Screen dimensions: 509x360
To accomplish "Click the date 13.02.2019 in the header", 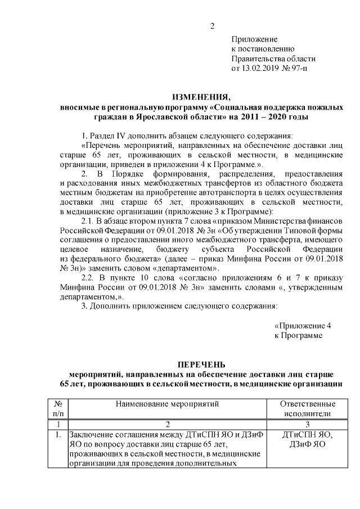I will (260, 69).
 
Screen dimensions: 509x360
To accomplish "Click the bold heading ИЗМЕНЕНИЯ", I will (201, 96).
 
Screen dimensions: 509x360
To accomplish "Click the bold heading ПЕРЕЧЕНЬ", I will (201, 364).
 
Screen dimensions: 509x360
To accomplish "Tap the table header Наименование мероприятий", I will (166, 403).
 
